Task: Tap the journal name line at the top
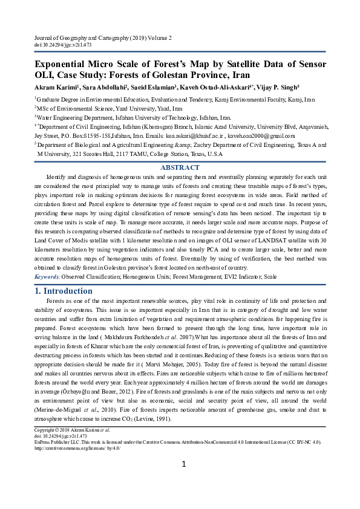point(102,38)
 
